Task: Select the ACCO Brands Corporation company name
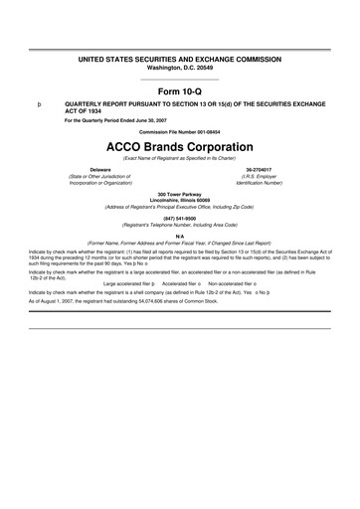(x=180, y=144)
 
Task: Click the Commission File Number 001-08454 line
(x=180, y=131)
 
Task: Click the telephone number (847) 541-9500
(x=180, y=219)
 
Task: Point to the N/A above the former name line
(x=180, y=236)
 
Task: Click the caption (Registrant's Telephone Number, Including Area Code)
(x=180, y=226)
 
